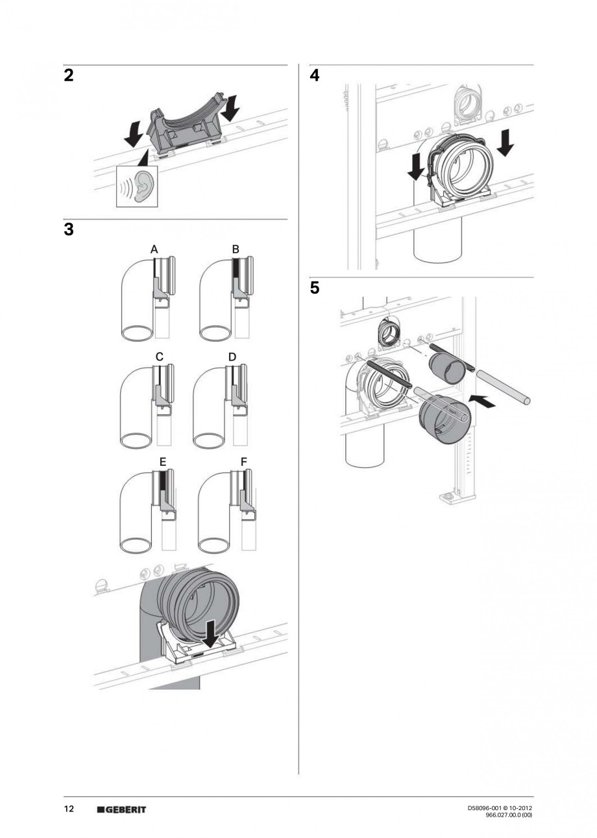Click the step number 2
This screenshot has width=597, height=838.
68,75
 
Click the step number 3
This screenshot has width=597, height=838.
69,229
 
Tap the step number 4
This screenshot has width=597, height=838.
315,75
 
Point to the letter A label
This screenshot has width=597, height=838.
154,249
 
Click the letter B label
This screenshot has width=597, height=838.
236,249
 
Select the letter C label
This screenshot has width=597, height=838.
159,356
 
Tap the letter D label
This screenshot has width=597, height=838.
232,356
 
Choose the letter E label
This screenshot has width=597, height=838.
163,461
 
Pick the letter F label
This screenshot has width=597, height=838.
243,461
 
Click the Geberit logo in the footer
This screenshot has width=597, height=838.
121,809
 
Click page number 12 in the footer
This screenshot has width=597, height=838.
69,809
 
